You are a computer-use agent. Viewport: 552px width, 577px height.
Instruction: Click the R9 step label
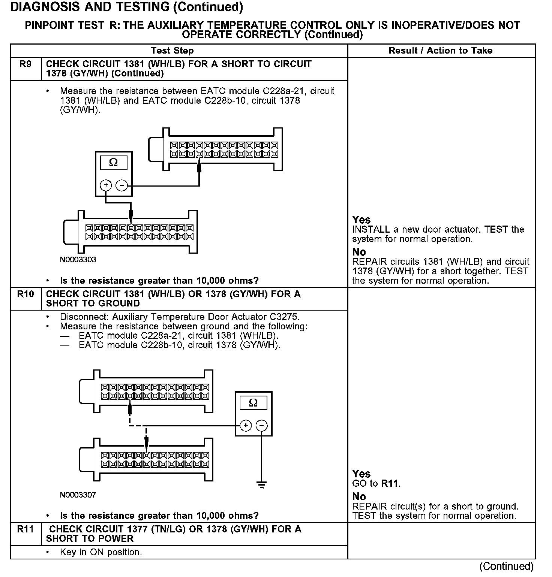[25, 64]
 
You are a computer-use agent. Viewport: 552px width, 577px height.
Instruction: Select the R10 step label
[25, 294]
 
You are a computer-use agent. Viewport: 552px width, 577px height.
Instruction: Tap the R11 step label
[25, 529]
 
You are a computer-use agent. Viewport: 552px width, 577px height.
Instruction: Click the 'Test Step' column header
[172, 51]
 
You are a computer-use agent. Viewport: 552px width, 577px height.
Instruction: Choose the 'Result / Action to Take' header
[441, 51]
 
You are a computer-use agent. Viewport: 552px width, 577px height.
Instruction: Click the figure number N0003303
[78, 260]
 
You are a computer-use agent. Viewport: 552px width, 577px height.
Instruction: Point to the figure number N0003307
[78, 495]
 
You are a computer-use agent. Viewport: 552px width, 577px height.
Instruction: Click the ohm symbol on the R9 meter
[113, 163]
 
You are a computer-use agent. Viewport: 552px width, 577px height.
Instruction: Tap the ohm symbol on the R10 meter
[253, 403]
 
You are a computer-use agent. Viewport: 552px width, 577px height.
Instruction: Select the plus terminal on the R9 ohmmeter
[106, 185]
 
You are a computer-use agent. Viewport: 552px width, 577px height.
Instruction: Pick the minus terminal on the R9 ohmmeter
[121, 185]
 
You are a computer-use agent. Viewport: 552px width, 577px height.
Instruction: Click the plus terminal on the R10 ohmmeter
[246, 426]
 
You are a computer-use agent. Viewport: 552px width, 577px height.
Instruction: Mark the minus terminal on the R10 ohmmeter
[261, 426]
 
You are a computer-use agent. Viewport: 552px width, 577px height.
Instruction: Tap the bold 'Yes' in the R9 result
[361, 220]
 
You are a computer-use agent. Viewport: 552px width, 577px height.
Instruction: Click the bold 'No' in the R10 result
[359, 497]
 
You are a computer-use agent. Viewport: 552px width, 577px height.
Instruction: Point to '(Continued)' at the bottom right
[506, 566]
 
